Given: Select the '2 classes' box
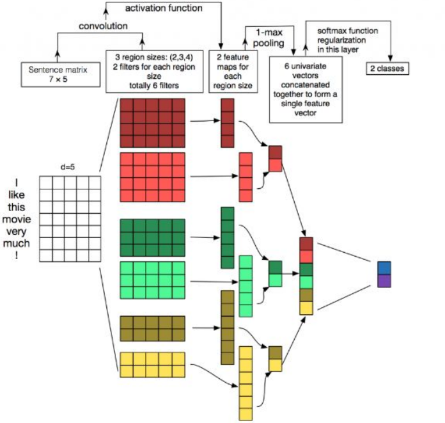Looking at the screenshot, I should click(x=387, y=68).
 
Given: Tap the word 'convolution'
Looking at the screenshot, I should click(x=103, y=27).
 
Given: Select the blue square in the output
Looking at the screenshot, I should click(x=384, y=267).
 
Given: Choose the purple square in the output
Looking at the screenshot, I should click(x=384, y=280).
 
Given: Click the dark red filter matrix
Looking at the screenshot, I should click(x=152, y=123).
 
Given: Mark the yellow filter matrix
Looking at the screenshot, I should click(x=152, y=364).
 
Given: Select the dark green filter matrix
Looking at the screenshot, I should click(x=152, y=237).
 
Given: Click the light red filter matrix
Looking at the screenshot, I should click(x=152, y=176).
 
